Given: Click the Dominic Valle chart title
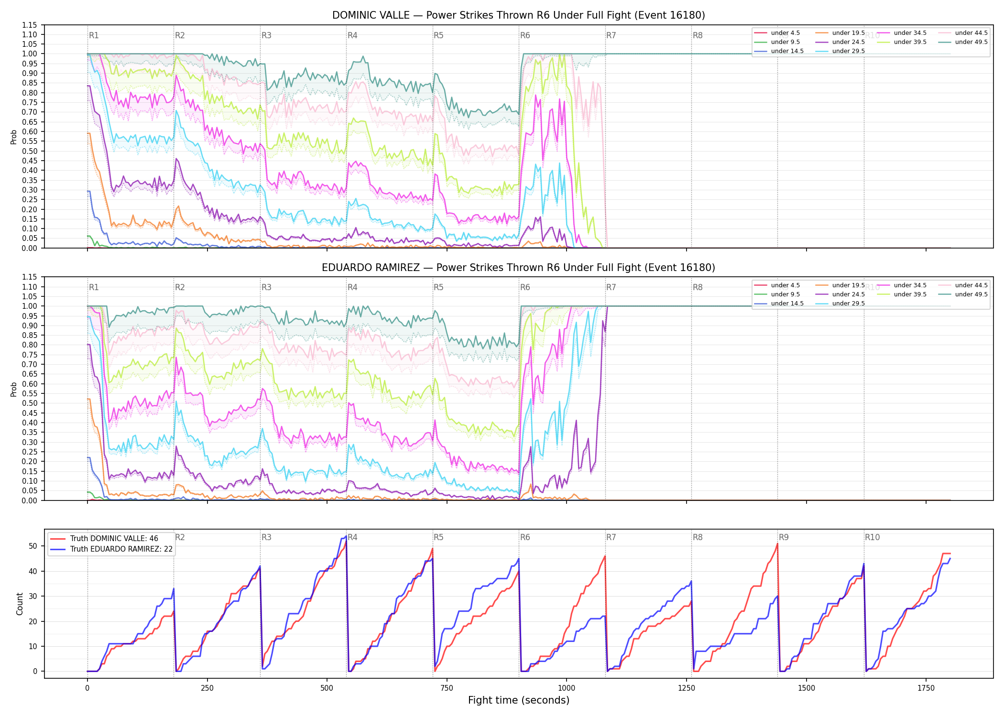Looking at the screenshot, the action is tap(519, 15).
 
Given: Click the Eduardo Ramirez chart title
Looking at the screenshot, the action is tap(519, 268).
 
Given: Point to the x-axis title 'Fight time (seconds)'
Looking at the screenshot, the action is tap(519, 700).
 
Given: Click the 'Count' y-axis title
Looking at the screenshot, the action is tap(20, 604).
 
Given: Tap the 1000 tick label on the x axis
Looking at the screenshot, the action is tap(567, 688).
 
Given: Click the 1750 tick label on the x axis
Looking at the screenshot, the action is tap(926, 688).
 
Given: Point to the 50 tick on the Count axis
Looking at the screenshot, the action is tap(33, 546).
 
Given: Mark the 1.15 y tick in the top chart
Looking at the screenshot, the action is tap(29, 25).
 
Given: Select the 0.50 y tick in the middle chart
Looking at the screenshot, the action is tap(29, 403).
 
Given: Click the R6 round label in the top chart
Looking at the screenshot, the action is tap(525, 35).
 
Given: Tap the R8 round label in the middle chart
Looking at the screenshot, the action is tap(698, 287).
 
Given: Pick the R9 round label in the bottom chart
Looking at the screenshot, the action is tap(784, 537).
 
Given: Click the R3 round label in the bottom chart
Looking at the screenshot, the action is tap(266, 537).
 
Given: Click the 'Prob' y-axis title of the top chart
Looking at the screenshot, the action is tap(13, 137).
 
